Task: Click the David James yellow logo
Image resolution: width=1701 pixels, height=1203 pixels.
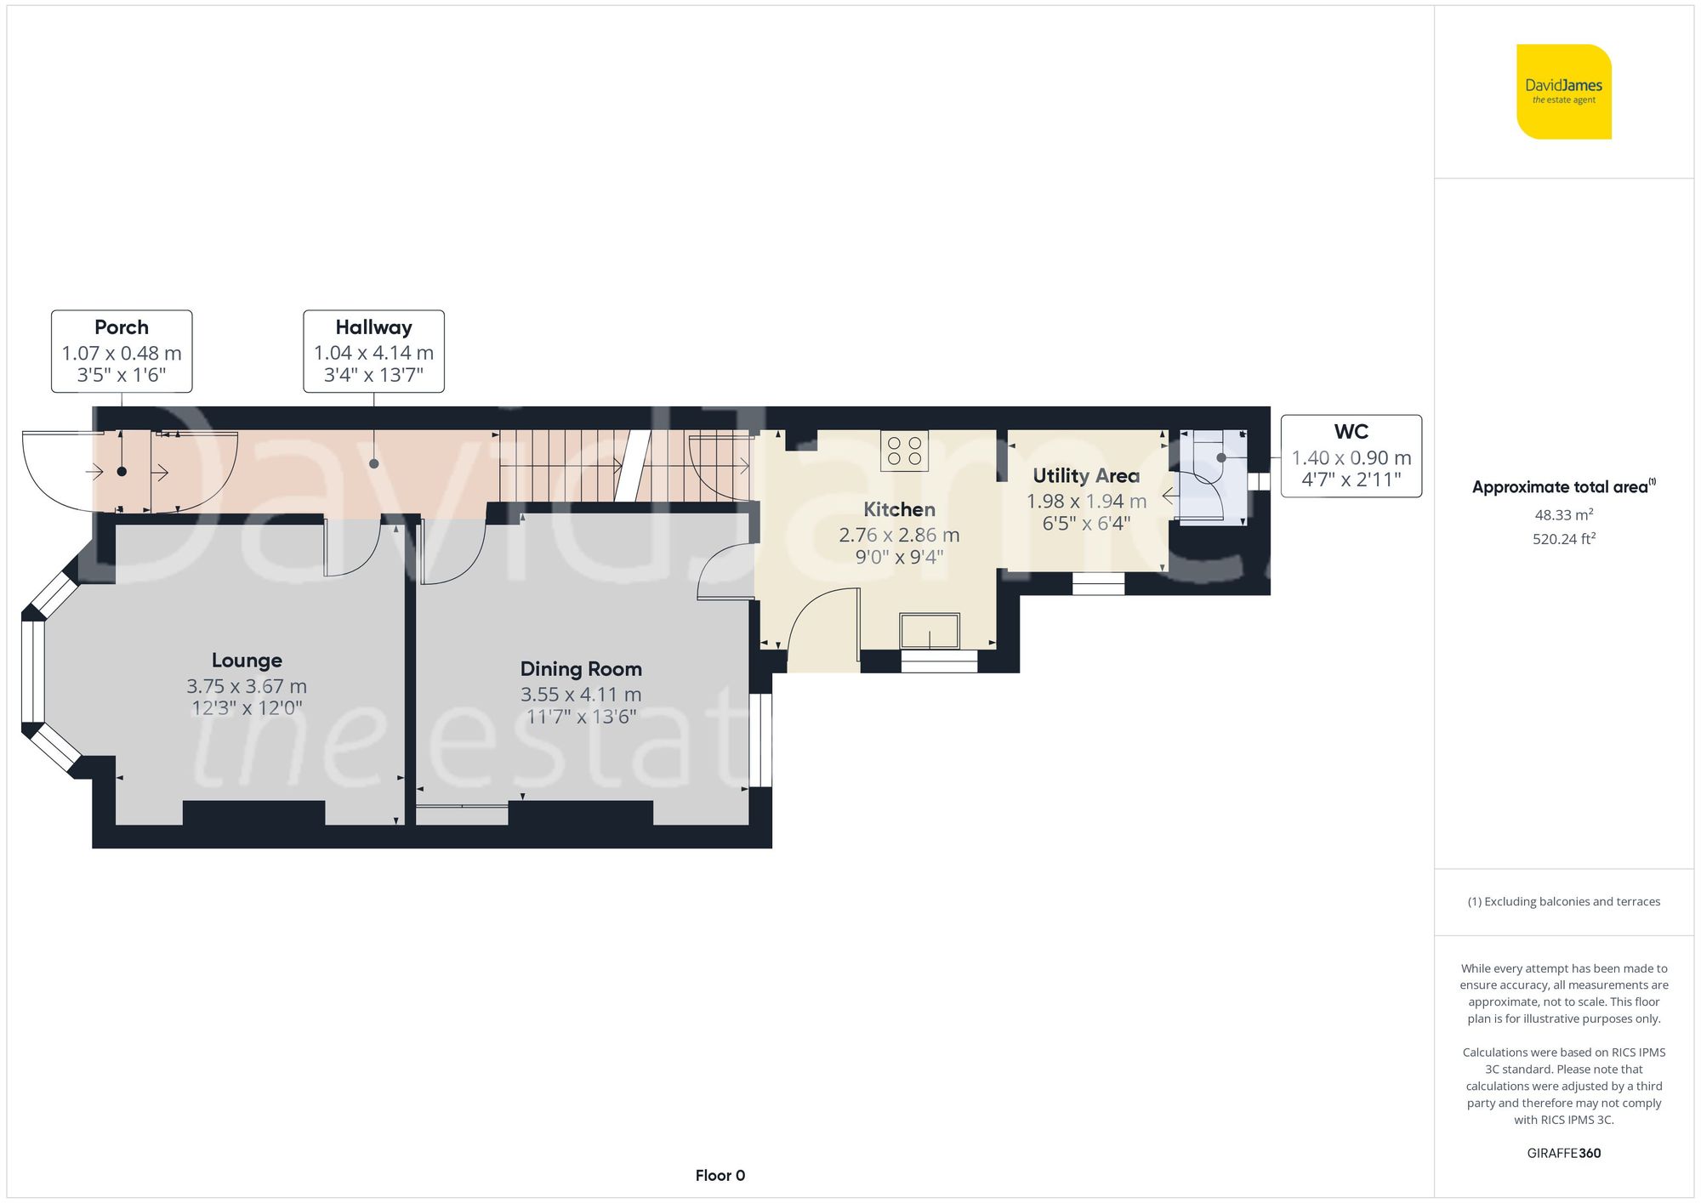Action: tap(1563, 92)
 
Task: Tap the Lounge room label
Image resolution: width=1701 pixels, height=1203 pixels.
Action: tap(247, 661)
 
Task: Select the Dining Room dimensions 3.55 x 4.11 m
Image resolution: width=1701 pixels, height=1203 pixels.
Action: tap(581, 695)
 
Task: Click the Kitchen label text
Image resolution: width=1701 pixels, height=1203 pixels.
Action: tap(899, 509)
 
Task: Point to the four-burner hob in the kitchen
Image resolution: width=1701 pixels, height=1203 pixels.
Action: tap(904, 451)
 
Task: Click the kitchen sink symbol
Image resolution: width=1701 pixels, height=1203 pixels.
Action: tap(930, 631)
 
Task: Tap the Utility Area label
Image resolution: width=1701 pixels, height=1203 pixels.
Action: tap(1086, 476)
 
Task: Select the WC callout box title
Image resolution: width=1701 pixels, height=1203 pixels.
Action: tap(1351, 432)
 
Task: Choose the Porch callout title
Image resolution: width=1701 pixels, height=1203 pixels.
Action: tap(122, 327)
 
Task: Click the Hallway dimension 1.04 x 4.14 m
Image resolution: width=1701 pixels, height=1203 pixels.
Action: tap(373, 353)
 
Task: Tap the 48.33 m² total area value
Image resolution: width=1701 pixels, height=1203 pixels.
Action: tap(1563, 515)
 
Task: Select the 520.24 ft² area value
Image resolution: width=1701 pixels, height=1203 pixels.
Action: tap(1563, 539)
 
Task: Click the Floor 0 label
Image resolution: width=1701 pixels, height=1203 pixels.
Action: tap(720, 1175)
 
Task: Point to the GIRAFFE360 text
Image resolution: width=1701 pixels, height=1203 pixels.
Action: tap(1563, 1153)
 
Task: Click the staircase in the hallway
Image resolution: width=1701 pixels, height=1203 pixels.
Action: tap(595, 466)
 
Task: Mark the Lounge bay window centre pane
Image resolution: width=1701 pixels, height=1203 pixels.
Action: tap(33, 672)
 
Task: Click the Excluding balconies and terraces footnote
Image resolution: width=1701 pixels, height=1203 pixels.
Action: tap(1563, 901)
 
